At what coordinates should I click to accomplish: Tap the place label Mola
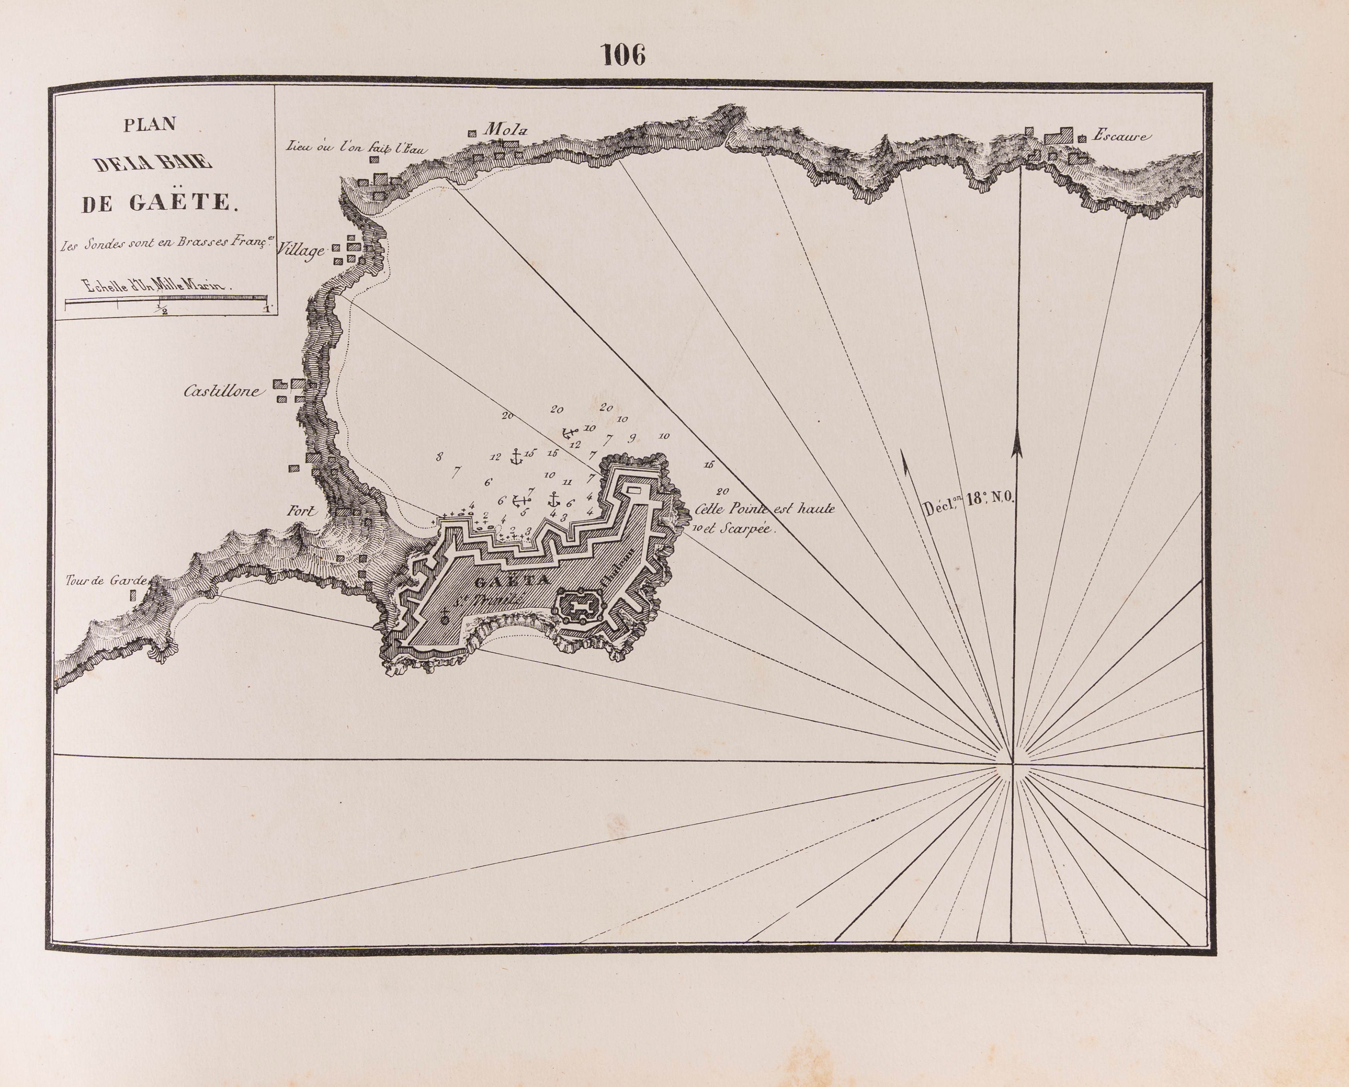pyautogui.click(x=506, y=130)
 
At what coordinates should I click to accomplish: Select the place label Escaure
pyautogui.click(x=1120, y=135)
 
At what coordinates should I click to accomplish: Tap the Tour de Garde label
pyautogui.click(x=106, y=581)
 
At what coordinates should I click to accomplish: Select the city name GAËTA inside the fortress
pyautogui.click(x=512, y=581)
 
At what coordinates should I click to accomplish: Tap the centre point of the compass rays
pyautogui.click(x=1012, y=764)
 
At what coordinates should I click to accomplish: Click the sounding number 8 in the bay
pyautogui.click(x=439, y=456)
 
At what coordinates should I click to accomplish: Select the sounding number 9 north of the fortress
pyautogui.click(x=632, y=437)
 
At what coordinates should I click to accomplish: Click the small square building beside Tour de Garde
pyautogui.click(x=132, y=596)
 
